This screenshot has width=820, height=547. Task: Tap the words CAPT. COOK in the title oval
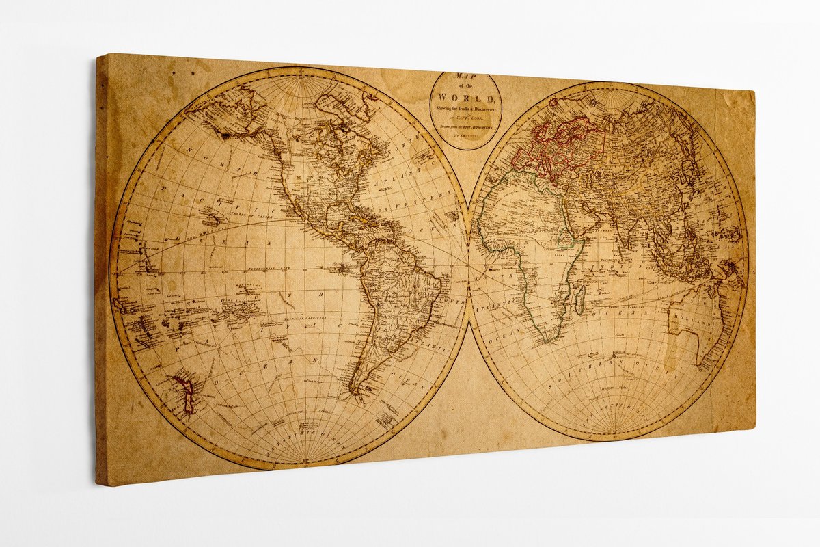[465, 118]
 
